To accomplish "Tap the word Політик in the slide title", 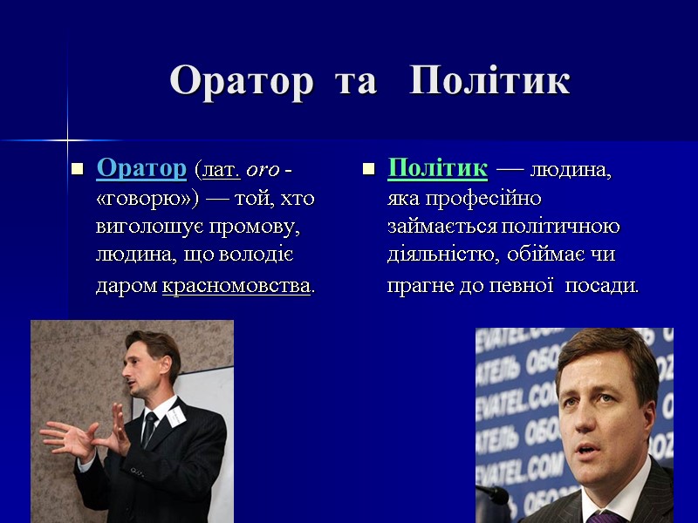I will pyautogui.click(x=489, y=81).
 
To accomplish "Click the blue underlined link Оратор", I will pyautogui.click(x=141, y=167).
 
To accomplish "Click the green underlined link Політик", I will pyautogui.click(x=437, y=167).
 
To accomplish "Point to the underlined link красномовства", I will pyautogui.click(x=236, y=286).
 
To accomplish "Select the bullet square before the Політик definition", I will pyautogui.click(x=368, y=168).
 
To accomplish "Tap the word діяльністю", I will pyautogui.click(x=437, y=256).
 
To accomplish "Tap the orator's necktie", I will pyautogui.click(x=149, y=430).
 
